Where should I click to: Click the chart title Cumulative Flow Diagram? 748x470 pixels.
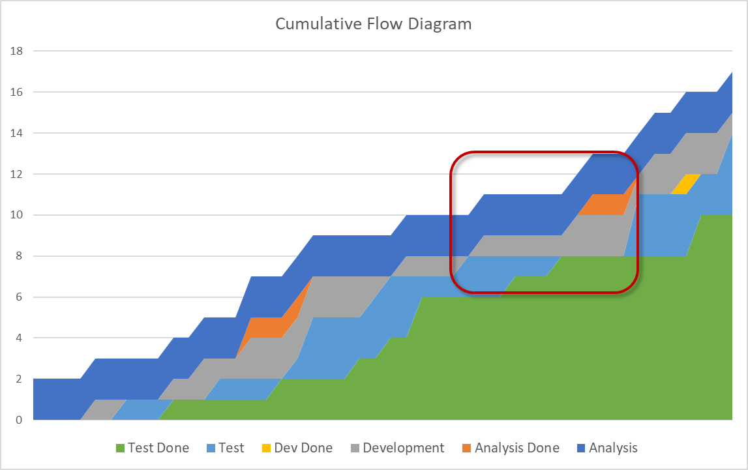pyautogui.click(x=373, y=24)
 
